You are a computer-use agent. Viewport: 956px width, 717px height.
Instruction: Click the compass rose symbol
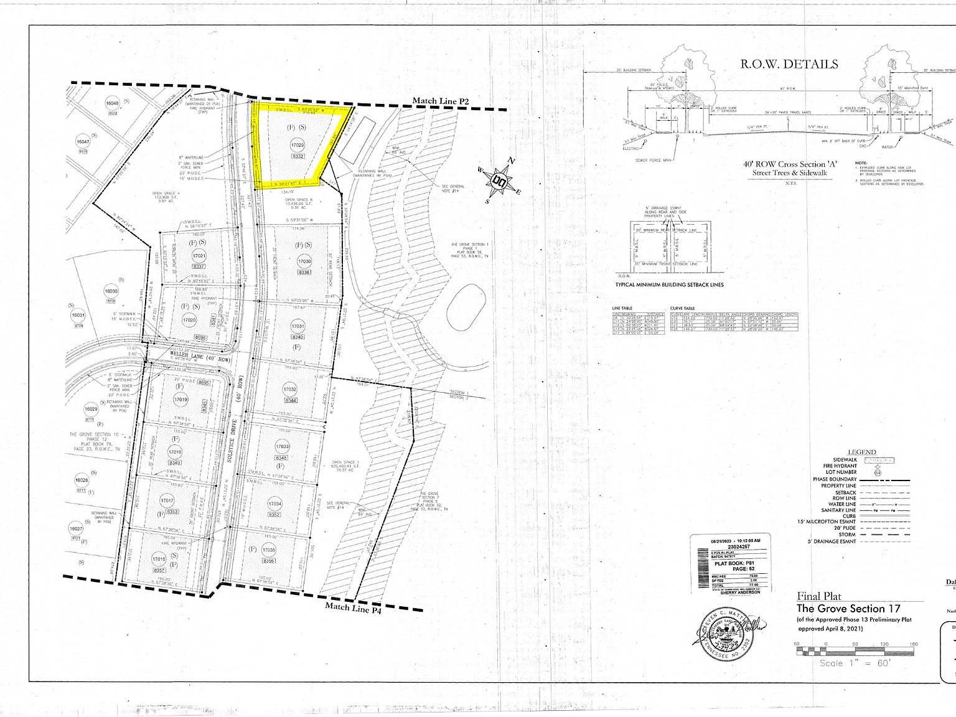coord(499,180)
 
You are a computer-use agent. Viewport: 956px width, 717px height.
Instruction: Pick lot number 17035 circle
coord(268,550)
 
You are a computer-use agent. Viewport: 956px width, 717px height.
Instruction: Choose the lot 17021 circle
coord(199,256)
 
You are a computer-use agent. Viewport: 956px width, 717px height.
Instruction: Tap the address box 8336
coord(304,272)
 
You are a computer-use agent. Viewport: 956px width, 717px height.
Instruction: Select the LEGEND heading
coord(861,452)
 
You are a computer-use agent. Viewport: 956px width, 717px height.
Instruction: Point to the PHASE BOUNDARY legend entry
coord(835,479)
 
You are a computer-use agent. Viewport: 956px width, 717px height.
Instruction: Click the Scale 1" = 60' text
coord(855,663)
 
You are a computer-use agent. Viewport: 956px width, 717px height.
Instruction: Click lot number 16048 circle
coord(112,105)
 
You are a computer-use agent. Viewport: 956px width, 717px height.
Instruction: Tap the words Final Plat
coord(820,596)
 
